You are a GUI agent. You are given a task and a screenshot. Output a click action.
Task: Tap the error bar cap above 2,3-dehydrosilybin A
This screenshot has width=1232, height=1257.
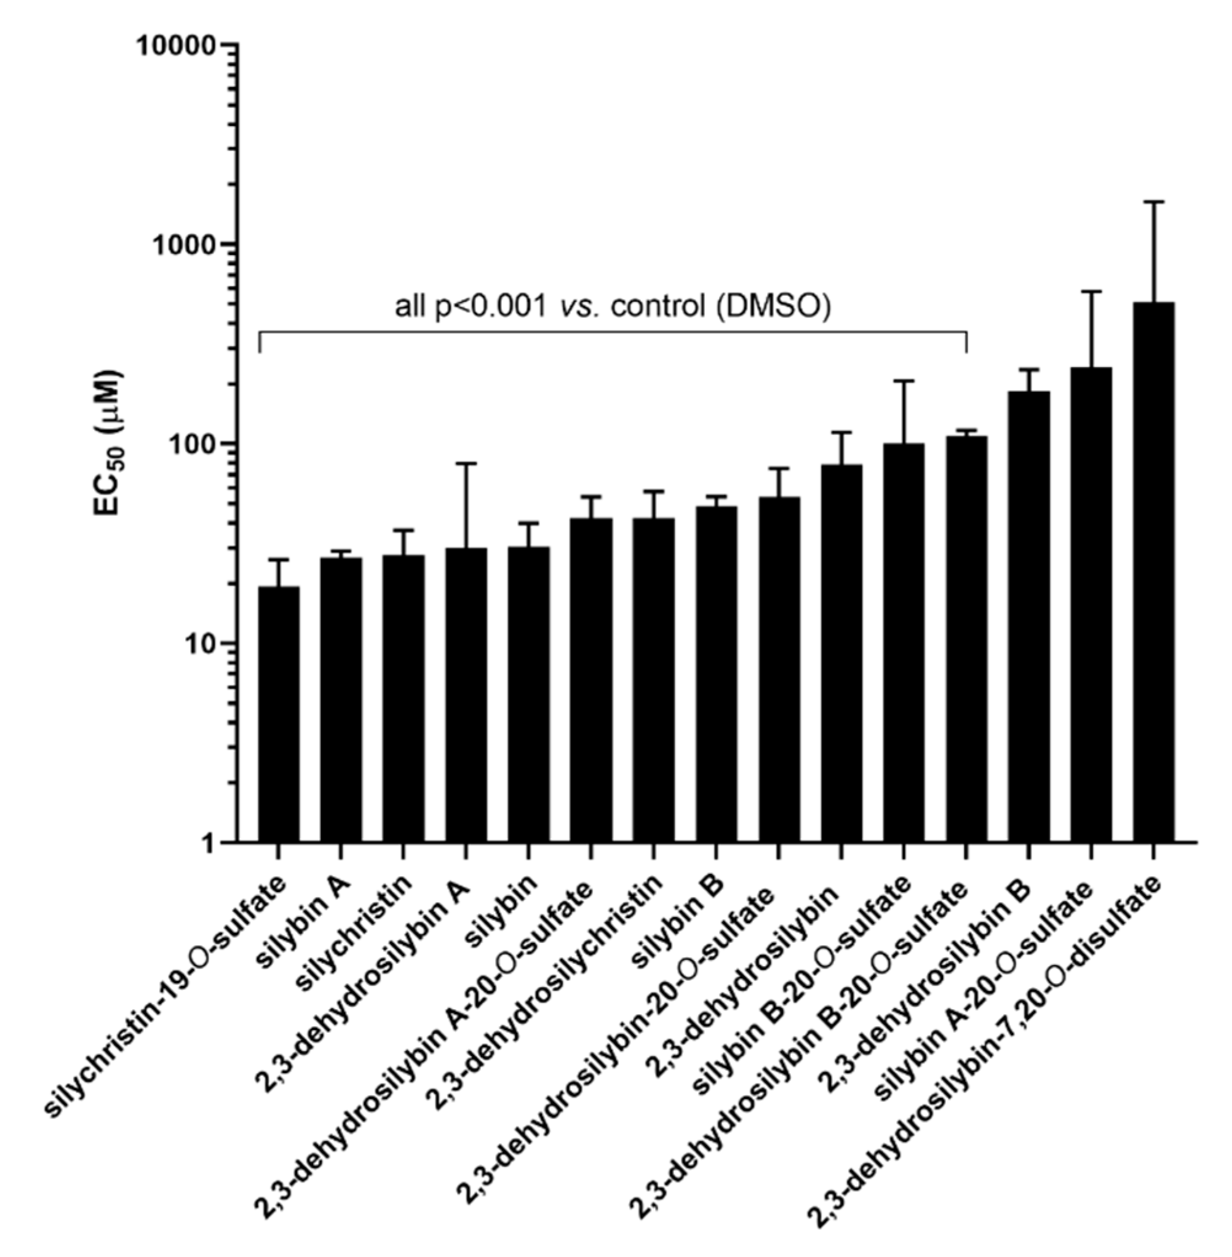click(466, 463)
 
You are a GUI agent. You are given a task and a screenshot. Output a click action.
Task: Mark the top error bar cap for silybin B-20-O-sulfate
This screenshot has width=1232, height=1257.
click(904, 381)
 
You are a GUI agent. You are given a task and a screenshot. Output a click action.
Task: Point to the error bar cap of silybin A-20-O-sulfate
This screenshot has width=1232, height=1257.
click(1091, 291)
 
